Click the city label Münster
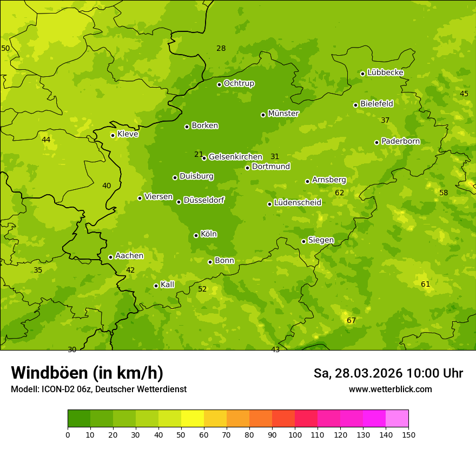coord(283,114)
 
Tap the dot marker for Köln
coord(196,235)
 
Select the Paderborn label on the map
coord(400,141)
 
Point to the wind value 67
coord(351,320)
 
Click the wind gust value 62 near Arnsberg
coord(339,193)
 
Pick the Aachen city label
coord(129,256)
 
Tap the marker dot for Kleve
coord(113,135)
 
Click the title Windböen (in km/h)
coord(87,373)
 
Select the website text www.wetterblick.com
coord(390,389)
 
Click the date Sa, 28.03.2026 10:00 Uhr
coord(388,373)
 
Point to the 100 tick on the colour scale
coord(295,434)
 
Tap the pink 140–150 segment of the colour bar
coord(397,418)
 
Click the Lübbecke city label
coord(385,72)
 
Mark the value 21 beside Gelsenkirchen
coord(199,154)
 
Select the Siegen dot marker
coord(303,241)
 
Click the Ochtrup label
coord(239,83)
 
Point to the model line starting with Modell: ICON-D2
coord(98,389)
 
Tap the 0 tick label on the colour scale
coord(68,434)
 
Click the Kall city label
coord(167,285)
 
